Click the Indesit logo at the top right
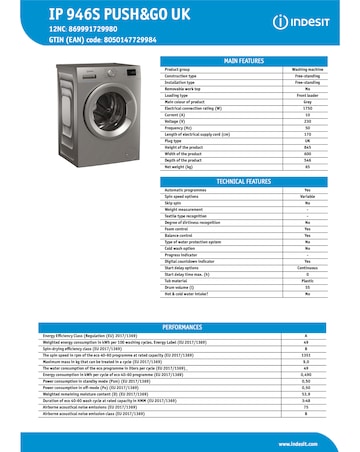click(x=309, y=20)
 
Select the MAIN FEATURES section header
click(x=246, y=60)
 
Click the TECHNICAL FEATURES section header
click(x=246, y=182)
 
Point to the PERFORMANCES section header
click(x=180, y=327)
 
